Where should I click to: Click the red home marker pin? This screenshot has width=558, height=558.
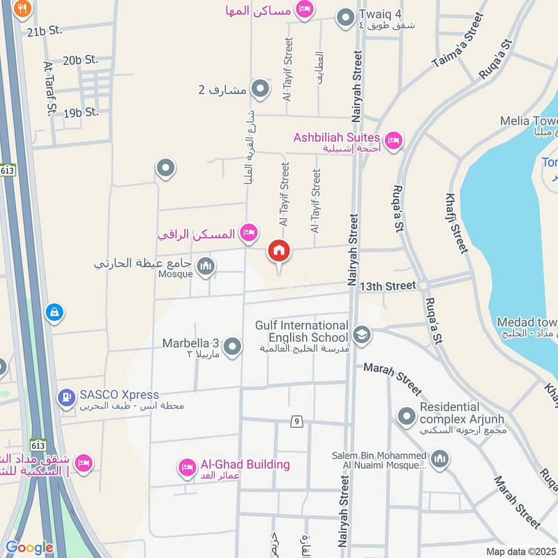[279, 252]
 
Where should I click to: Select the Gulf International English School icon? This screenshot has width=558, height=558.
[361, 335]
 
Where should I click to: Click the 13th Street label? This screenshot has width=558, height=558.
[388, 286]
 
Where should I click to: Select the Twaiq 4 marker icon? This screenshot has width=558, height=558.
[345, 17]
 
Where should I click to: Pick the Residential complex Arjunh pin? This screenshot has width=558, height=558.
[406, 417]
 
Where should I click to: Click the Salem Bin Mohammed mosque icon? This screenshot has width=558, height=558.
[439, 458]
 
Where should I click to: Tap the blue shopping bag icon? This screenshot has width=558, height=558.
[53, 313]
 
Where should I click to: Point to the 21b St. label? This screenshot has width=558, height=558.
[45, 31]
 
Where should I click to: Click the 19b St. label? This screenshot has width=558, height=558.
[81, 112]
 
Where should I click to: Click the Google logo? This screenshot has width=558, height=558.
[29, 548]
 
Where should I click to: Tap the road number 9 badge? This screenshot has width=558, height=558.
[296, 421]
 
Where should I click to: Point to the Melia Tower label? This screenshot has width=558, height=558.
[528, 121]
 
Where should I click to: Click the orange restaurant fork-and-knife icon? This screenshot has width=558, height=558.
[23, 8]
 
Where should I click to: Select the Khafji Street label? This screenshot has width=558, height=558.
[454, 223]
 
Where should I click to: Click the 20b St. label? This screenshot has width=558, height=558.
[82, 61]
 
